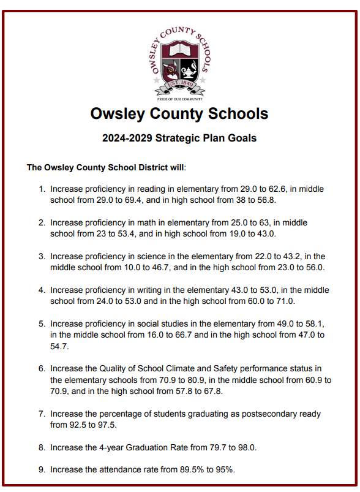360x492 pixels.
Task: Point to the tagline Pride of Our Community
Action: point(179,98)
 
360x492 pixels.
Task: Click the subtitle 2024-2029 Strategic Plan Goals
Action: point(179,138)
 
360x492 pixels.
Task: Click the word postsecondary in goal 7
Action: point(264,414)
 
